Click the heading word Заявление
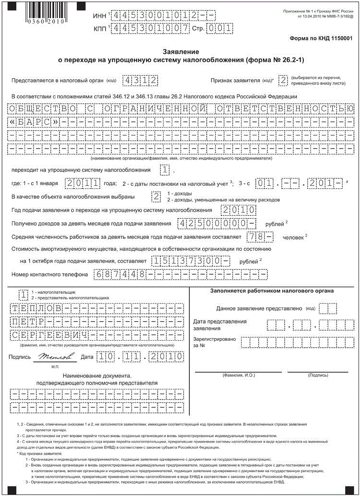[180, 51]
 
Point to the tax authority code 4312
[139, 80]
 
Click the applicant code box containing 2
[283, 80]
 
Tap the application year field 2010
[239, 210]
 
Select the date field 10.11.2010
[139, 357]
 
